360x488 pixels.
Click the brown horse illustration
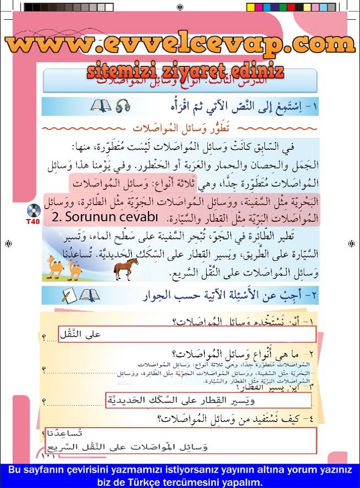click(126, 269)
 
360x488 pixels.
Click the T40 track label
click(33, 222)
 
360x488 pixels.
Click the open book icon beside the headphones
click(101, 105)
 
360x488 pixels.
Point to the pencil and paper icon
click(69, 296)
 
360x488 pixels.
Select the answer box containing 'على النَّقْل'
click(187, 334)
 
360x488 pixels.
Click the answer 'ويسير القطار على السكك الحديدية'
click(208, 399)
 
